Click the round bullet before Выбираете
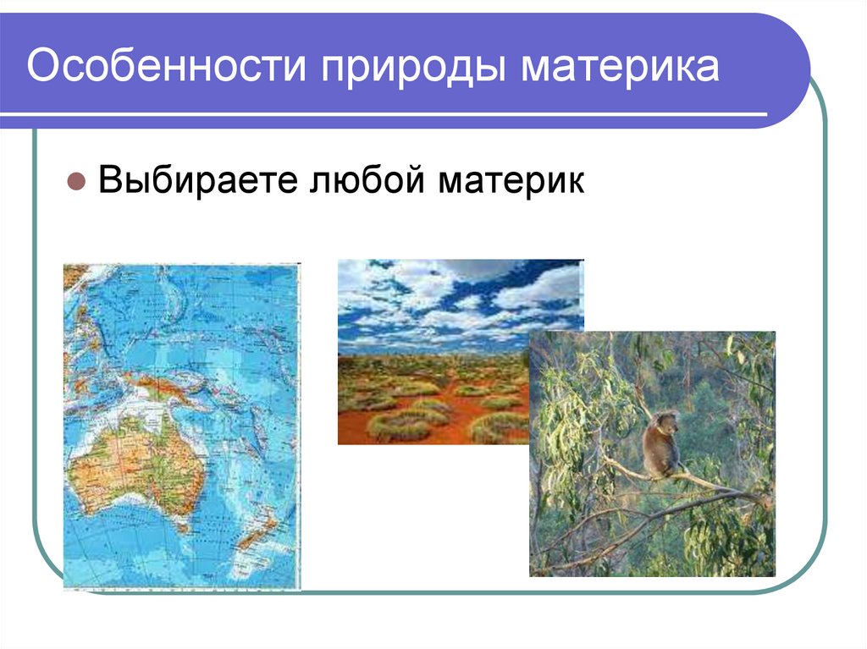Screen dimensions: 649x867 pos(75,183)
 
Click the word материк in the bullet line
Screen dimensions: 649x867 pos(510,181)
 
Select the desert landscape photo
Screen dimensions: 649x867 pos(432,351)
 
